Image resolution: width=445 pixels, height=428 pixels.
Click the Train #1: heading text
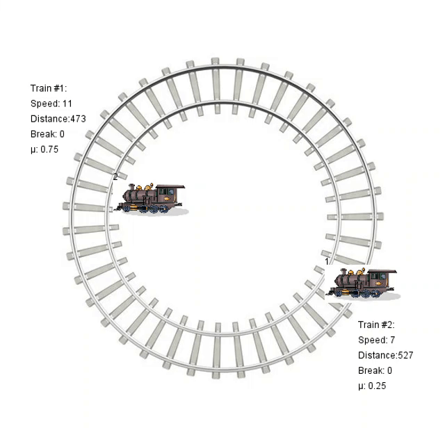click(49, 88)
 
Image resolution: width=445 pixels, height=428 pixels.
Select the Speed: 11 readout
click(51, 104)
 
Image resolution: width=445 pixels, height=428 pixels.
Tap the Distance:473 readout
click(58, 119)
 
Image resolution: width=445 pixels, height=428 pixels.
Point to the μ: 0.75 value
click(44, 149)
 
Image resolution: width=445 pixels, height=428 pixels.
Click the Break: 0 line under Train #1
click(47, 134)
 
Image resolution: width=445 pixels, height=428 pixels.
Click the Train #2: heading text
click(376, 324)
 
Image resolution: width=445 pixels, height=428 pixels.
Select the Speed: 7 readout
click(376, 340)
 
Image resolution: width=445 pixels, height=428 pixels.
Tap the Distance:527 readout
click(385, 355)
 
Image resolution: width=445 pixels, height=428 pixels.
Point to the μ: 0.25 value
click(372, 386)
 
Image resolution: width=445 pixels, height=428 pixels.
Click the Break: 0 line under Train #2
click(375, 370)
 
